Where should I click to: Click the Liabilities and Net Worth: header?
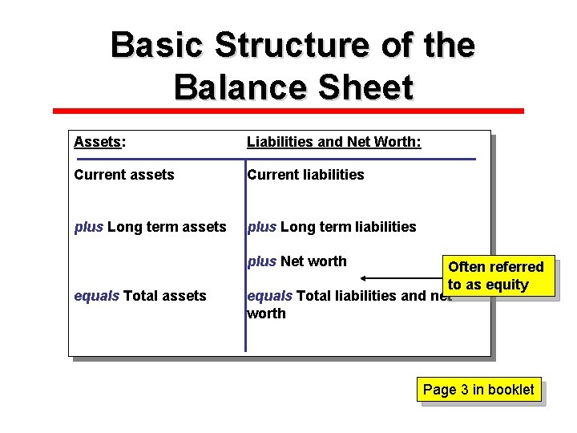pos(333,142)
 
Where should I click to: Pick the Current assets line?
pos(123,175)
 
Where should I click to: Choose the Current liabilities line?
pos(305,175)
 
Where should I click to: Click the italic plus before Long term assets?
pos(88,227)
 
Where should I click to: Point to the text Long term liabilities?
pos(349,227)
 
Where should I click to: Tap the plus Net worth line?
pos(297,261)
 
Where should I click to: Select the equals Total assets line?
pos(139,296)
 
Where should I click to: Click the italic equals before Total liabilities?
pos(270,296)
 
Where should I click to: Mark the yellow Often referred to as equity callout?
pos(496,276)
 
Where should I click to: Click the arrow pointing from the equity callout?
pos(401,278)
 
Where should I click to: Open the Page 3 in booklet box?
pos(478,390)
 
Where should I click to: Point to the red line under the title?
pos(288,111)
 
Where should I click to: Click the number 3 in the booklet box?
pos(464,390)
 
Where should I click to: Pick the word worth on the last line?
pos(266,314)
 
